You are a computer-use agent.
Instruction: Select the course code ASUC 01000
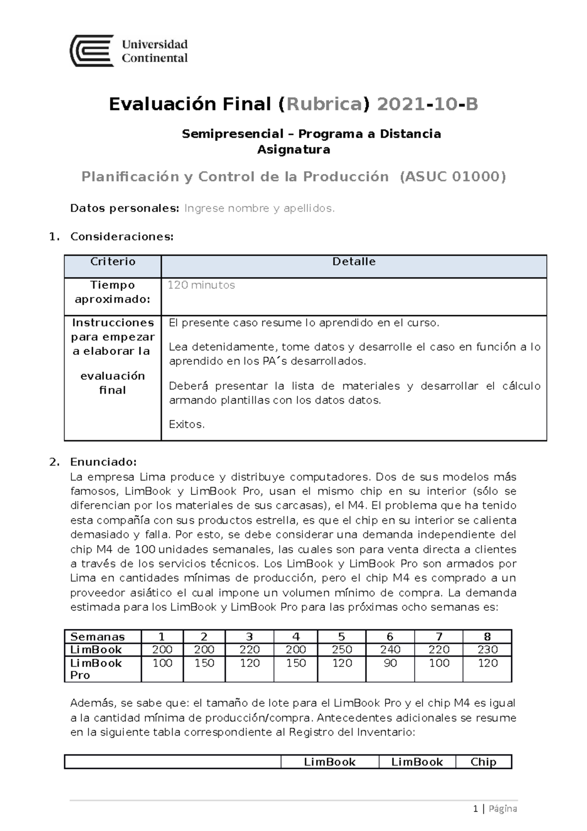(x=452, y=176)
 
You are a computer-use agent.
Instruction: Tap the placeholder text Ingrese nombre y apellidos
(x=259, y=208)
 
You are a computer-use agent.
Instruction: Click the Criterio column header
(x=113, y=261)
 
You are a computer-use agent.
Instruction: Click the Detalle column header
(x=354, y=261)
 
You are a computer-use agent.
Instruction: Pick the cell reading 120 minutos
(x=201, y=285)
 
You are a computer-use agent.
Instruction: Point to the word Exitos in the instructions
(x=186, y=424)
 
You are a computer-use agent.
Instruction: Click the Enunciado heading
(x=103, y=462)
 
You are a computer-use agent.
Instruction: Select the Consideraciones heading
(x=122, y=237)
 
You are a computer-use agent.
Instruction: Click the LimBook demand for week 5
(x=341, y=649)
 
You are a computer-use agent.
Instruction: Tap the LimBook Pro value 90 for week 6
(x=390, y=663)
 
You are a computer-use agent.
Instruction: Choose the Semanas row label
(x=98, y=637)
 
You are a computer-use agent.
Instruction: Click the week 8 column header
(x=487, y=637)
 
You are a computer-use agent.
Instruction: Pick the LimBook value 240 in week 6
(x=390, y=649)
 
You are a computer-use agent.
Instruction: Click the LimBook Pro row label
(x=96, y=669)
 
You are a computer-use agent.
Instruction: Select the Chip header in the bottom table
(x=483, y=762)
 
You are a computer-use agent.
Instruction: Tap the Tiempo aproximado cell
(x=113, y=292)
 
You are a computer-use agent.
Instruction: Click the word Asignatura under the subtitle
(x=293, y=149)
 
